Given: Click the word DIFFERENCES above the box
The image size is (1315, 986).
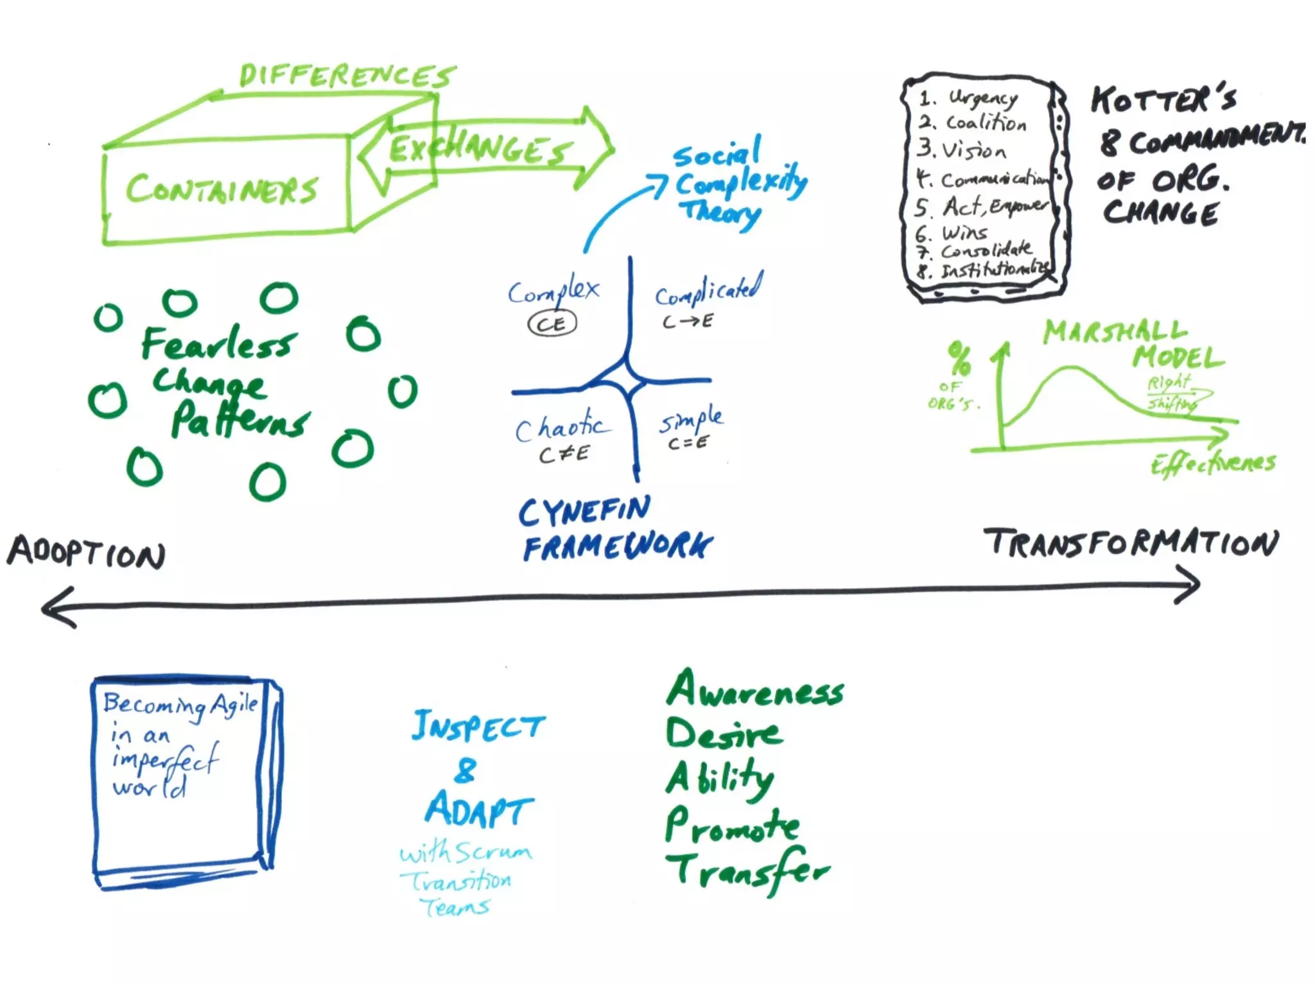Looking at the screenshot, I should (x=347, y=76).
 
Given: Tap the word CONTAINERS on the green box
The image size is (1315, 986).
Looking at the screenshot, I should (x=222, y=189).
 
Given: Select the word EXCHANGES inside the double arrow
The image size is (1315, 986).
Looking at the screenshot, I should (x=478, y=149).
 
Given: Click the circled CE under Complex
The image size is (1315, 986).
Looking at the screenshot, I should (x=552, y=324).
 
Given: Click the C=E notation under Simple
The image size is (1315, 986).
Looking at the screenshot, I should (x=688, y=442).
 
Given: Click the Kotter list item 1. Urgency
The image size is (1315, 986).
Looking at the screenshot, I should (x=969, y=98).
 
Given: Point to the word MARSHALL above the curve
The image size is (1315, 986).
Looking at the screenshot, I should (x=1115, y=332).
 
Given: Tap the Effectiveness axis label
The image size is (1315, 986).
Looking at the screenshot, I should (x=1212, y=463).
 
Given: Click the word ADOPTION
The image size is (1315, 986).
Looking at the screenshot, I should (x=87, y=552).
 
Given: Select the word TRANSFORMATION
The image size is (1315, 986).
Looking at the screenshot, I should (x=1131, y=543).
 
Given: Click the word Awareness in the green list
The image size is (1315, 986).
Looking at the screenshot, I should (x=755, y=689).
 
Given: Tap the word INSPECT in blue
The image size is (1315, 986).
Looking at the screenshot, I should (x=478, y=727).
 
